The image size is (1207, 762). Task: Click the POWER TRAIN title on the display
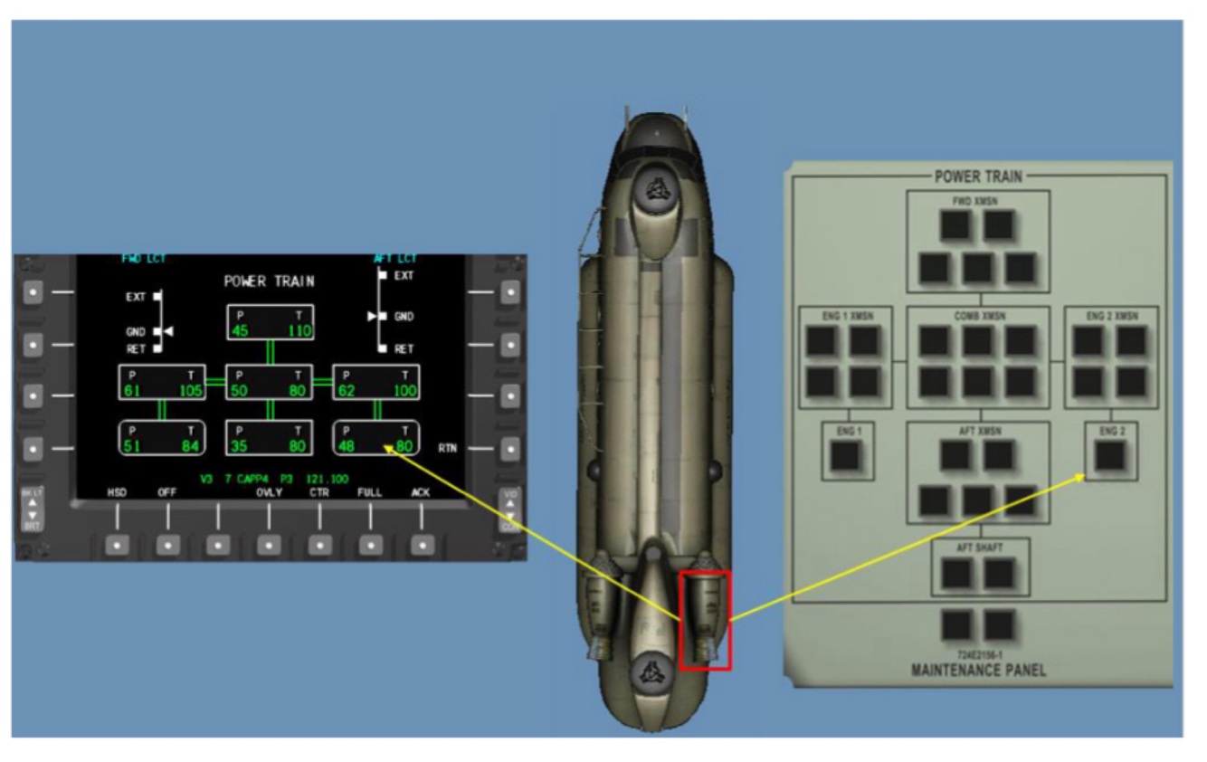tap(269, 281)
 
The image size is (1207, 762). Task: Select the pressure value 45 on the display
tap(240, 331)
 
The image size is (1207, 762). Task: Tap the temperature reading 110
tap(299, 331)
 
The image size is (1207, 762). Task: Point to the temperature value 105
tap(191, 391)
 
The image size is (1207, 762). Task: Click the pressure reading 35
tap(239, 445)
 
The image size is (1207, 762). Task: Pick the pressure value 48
tap(347, 445)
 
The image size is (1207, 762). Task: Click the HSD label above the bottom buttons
tap(117, 492)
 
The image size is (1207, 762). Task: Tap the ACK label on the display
tap(421, 492)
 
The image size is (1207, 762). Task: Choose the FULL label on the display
tap(369, 492)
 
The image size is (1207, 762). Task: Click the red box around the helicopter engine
tap(705, 621)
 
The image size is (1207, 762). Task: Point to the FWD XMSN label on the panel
tap(977, 202)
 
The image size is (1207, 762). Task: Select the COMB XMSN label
tap(978, 316)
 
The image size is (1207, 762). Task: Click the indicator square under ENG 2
tap(1110, 457)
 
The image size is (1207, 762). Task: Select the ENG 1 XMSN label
tap(845, 316)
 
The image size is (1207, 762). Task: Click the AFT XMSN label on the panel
tap(978, 431)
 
